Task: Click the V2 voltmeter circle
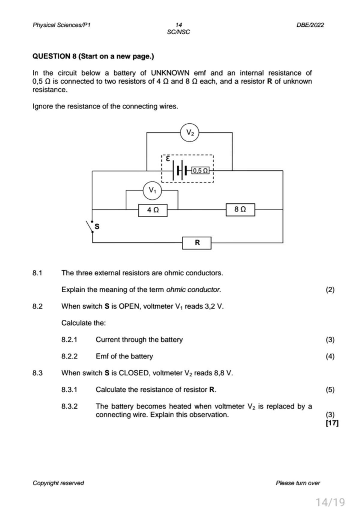click(x=190, y=133)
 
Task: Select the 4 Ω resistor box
click(x=153, y=210)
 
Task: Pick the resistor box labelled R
click(x=197, y=243)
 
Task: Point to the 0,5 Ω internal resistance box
click(x=200, y=171)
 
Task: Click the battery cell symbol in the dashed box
click(x=180, y=170)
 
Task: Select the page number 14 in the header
click(x=178, y=25)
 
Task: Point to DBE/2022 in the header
click(x=310, y=25)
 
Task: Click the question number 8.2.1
click(x=69, y=340)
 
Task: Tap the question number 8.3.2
click(x=69, y=406)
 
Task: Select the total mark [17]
click(x=332, y=423)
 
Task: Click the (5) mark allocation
click(x=330, y=390)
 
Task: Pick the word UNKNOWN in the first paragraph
click(x=170, y=73)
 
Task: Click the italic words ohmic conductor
click(x=193, y=290)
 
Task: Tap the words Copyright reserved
click(x=58, y=483)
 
